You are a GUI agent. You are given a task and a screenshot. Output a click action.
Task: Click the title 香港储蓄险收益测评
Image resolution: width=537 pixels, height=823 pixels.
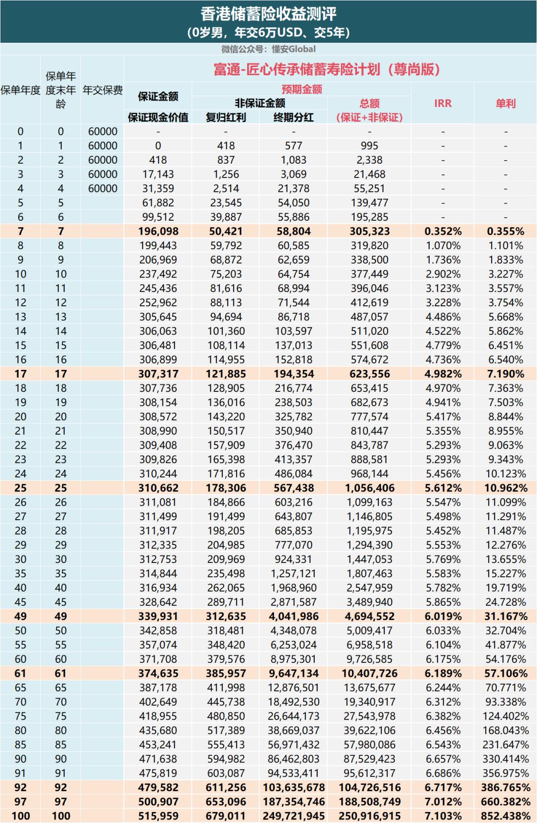268,13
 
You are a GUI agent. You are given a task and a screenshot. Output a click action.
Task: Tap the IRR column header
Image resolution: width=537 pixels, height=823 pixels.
443,103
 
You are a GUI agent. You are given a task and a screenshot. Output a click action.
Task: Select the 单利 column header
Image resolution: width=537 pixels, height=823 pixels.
505,103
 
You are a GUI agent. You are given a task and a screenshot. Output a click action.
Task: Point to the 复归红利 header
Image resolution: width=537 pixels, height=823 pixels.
226,117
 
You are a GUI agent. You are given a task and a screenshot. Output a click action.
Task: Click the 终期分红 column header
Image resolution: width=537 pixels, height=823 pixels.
293,117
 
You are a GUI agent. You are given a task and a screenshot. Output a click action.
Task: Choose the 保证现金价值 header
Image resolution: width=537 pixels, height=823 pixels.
158,117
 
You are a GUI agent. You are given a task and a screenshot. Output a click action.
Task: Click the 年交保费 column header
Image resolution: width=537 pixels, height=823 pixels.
102,90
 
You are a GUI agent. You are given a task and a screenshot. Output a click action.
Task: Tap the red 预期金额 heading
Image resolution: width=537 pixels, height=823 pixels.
302,89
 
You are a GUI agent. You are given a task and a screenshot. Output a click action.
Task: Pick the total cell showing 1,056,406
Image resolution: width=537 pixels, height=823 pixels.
369,488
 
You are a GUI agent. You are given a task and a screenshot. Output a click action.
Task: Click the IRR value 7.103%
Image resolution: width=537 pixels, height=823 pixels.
443,816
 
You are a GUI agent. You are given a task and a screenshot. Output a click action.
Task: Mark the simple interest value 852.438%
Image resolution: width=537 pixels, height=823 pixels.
505,816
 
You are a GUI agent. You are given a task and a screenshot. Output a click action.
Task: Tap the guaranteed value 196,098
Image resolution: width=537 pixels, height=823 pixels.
158,231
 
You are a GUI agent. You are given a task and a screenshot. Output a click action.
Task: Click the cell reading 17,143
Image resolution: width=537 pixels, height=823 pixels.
158,174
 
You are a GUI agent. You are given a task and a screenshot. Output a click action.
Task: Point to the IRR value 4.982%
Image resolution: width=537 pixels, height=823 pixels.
443,374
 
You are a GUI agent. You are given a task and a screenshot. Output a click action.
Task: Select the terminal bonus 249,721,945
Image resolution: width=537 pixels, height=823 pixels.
293,816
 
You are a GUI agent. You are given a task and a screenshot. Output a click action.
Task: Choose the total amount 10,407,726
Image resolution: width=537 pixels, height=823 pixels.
369,673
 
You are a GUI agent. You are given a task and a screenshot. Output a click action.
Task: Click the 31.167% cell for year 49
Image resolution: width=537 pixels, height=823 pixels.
505,616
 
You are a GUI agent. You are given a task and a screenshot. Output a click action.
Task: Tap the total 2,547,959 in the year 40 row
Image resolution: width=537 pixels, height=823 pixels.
369,588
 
